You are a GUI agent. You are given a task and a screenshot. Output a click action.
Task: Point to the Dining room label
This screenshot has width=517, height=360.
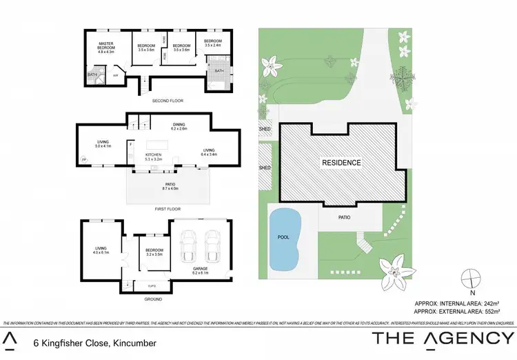point(179,126)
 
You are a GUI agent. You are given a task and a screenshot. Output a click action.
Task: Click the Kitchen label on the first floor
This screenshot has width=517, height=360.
point(153,157)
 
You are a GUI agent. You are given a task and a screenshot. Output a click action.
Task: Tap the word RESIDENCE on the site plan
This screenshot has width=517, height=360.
point(342,163)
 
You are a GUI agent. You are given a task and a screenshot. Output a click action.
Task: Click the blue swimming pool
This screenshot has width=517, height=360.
point(283,238)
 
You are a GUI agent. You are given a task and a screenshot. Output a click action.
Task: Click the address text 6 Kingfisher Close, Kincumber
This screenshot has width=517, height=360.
point(94,343)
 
